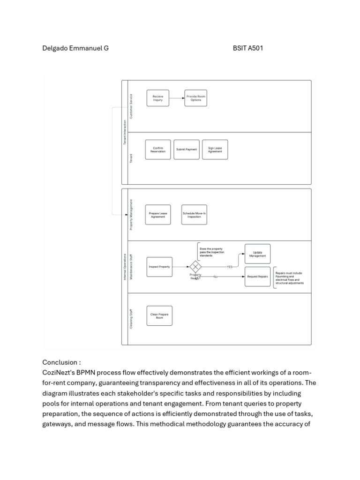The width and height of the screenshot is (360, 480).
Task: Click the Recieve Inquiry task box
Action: coord(157,98)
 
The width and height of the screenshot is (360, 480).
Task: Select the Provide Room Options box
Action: coord(195,98)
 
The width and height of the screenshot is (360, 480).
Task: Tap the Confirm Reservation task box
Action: coord(157,150)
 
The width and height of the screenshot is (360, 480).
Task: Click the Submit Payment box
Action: coord(186,150)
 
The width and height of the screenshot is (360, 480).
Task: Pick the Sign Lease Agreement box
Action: coord(215,150)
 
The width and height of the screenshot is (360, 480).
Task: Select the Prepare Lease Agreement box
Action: coord(157,215)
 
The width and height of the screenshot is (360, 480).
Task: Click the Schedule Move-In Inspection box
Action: coord(194,215)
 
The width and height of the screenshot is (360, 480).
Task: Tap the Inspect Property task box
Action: coord(159,267)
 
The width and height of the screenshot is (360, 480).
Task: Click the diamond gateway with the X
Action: coord(195,267)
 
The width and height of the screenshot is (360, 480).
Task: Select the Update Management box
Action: coord(257,254)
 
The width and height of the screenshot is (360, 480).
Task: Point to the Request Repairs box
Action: coord(257,277)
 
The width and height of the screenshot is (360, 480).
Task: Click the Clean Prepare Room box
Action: coord(159,316)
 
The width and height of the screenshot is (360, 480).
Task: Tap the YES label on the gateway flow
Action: coord(230,267)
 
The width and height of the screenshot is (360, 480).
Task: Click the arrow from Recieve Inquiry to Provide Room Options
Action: coord(177,98)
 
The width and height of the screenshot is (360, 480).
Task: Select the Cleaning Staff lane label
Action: coord(131,319)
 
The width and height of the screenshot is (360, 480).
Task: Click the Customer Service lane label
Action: coord(131,106)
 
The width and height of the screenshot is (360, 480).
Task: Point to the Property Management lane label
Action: coord(131,215)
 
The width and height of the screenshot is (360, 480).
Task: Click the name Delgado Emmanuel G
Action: coord(75,48)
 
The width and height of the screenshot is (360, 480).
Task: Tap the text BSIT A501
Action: coord(247,48)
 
